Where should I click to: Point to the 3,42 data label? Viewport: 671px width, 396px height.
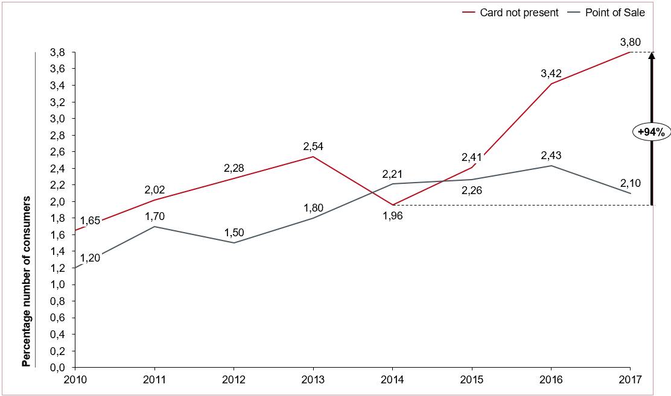(550, 74)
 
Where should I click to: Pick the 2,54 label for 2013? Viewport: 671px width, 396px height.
(313, 146)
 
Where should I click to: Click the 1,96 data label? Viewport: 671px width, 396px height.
(392, 215)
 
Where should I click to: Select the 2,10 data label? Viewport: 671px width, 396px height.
(630, 183)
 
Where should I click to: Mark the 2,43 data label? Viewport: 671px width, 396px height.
(550, 156)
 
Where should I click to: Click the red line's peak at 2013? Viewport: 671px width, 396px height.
(313, 157)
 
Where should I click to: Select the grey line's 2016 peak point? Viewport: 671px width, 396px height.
(551, 166)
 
